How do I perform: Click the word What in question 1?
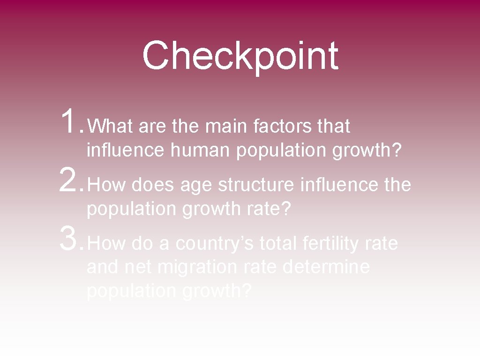tap(111, 126)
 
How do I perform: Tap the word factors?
tap(283, 126)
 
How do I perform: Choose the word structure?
tap(256, 185)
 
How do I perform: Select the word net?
tap(140, 268)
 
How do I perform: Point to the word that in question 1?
tap(334, 126)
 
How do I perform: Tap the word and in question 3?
tap(104, 267)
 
